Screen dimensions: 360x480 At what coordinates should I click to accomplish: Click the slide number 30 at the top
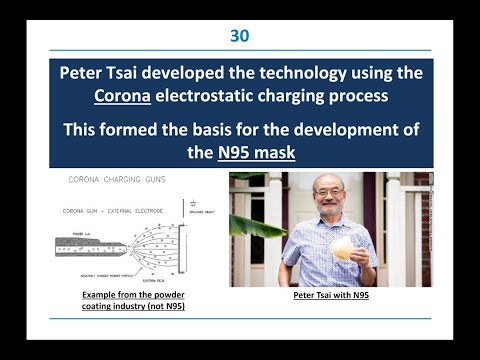(239, 36)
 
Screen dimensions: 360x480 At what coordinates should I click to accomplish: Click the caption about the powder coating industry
(133, 301)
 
